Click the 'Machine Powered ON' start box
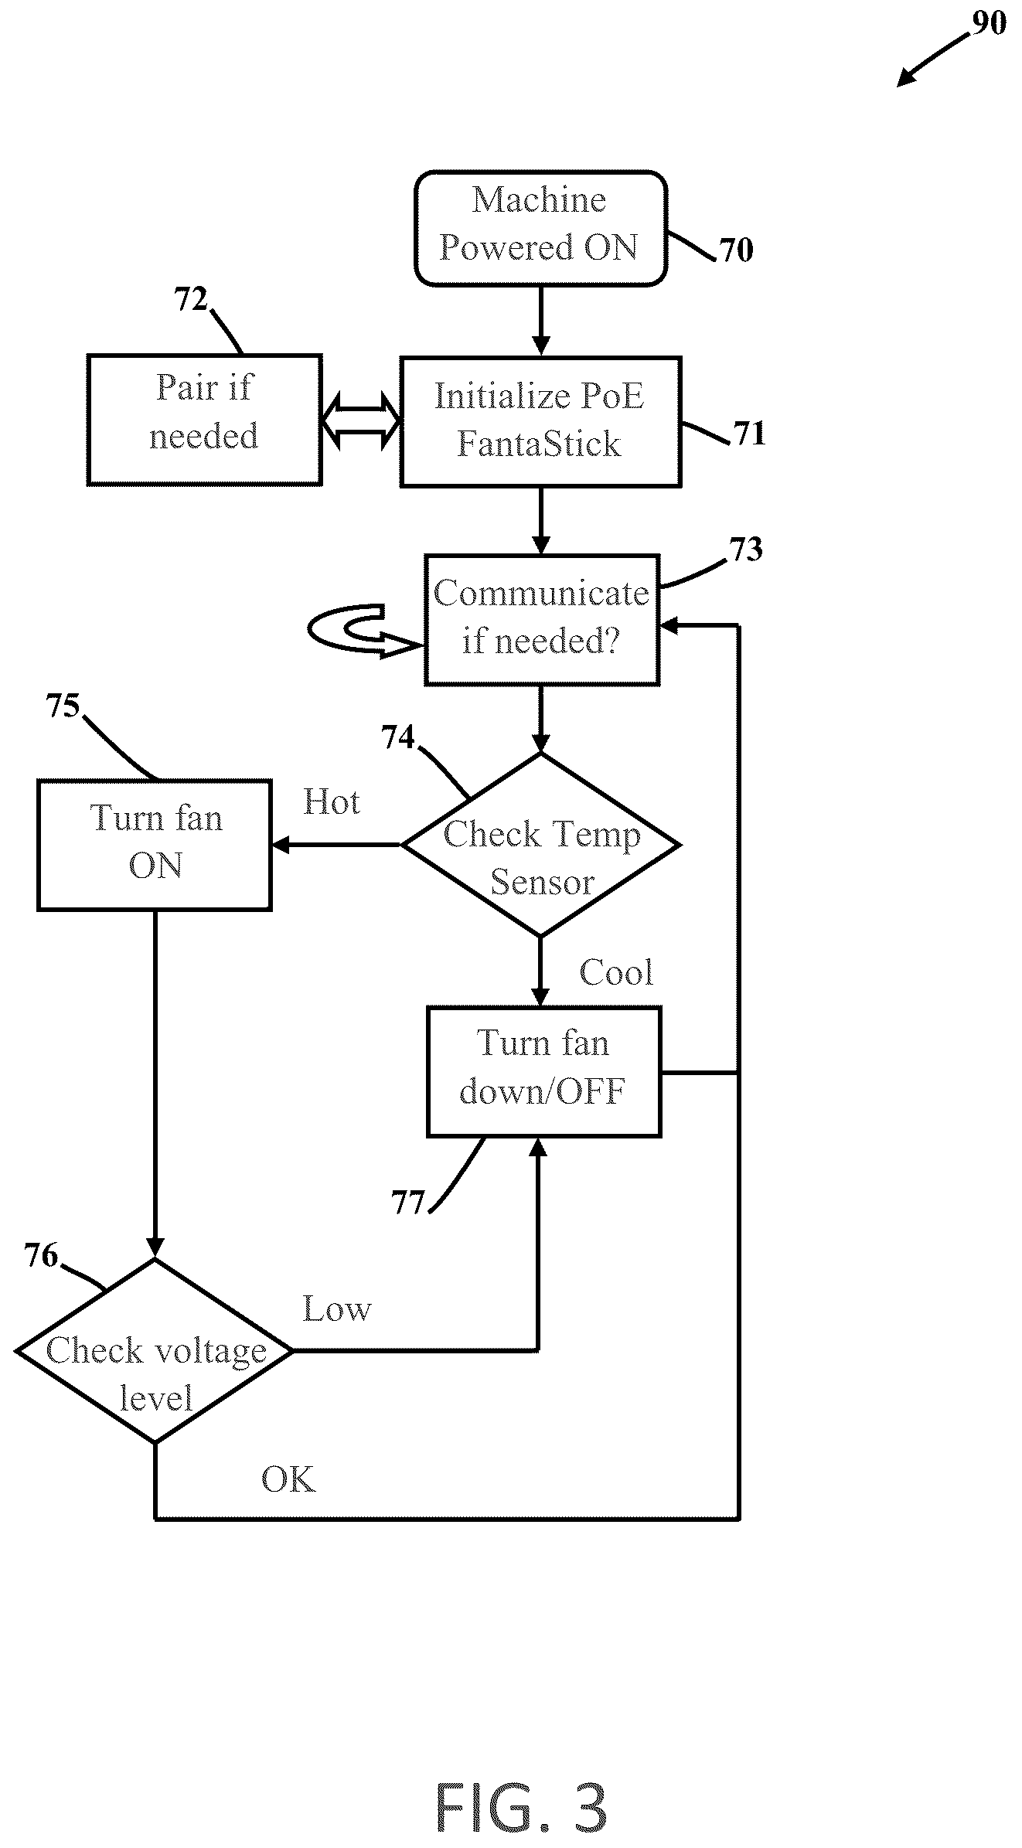pyautogui.click(x=540, y=228)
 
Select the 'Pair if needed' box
pyautogui.click(x=204, y=420)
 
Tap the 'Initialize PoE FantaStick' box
pyautogui.click(x=540, y=421)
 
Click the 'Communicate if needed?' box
pyautogui.click(x=541, y=619)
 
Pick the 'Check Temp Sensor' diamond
pyautogui.click(x=540, y=844)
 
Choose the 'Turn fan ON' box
pyautogui.click(x=155, y=845)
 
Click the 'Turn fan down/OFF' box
pyautogui.click(x=543, y=1071)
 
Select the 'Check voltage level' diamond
pyautogui.click(x=155, y=1350)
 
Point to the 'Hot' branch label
pyautogui.click(x=331, y=802)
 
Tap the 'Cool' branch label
pyautogui.click(x=616, y=972)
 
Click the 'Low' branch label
pyautogui.click(x=336, y=1309)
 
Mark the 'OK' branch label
pyautogui.click(x=288, y=1479)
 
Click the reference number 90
pyautogui.click(x=989, y=24)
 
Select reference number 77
pyautogui.click(x=408, y=1203)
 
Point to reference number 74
pyautogui.click(x=398, y=738)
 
